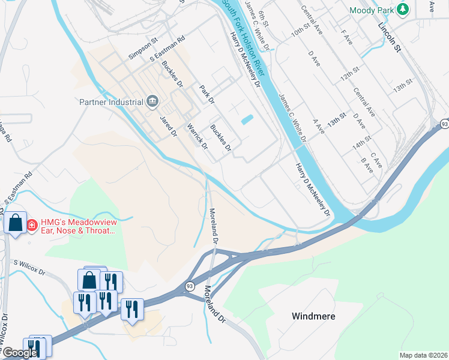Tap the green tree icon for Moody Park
click(403, 10)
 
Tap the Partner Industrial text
click(111, 101)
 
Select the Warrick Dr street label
click(197, 137)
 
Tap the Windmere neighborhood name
click(313, 316)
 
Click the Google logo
click(19, 353)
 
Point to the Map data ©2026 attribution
click(423, 355)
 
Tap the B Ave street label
click(367, 165)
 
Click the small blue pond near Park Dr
click(247, 119)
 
